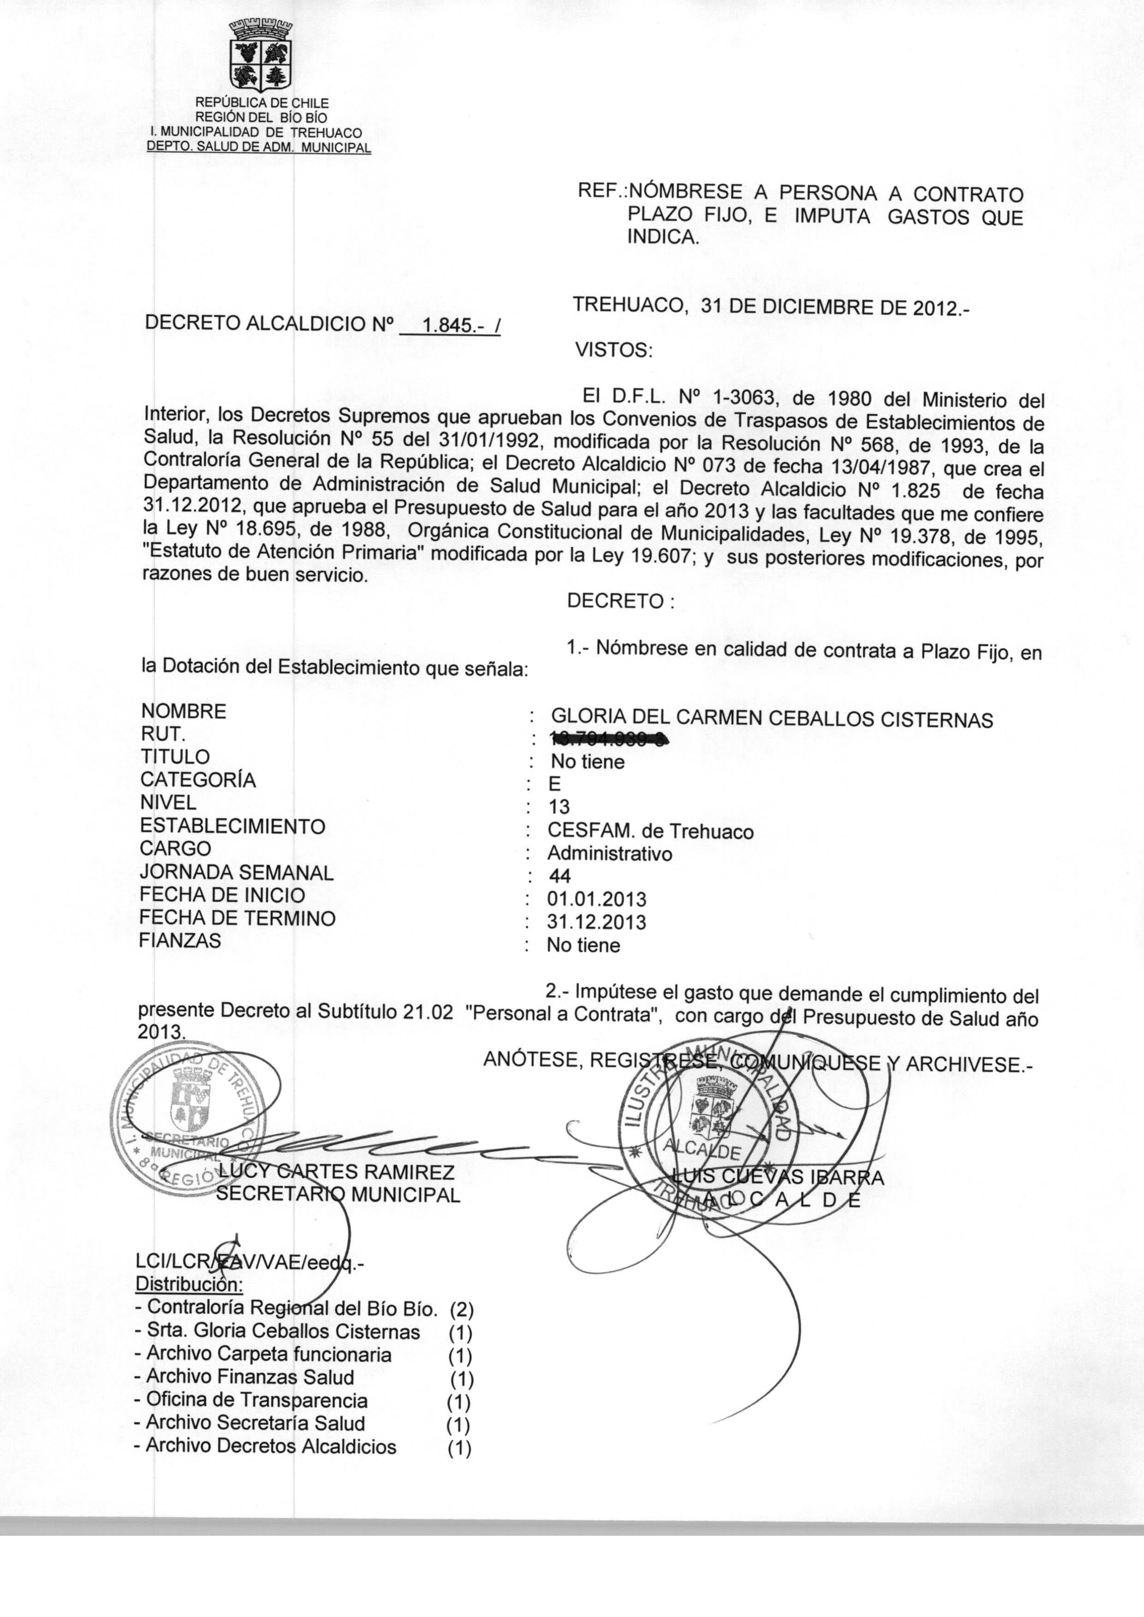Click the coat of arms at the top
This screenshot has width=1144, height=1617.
262,57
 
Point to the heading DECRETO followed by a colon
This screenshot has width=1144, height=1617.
620,602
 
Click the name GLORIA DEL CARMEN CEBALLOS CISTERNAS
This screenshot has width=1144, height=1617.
771,719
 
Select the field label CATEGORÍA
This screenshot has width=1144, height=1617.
198,780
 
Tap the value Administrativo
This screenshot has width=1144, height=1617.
609,854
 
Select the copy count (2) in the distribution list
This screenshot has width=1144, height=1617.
461,1310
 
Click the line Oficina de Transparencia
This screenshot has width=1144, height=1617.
256,1400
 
